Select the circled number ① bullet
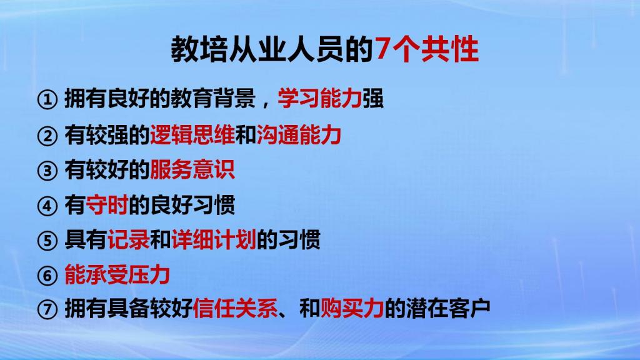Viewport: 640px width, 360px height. [47, 100]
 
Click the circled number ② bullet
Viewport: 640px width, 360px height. [47, 136]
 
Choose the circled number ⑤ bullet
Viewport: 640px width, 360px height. [47, 241]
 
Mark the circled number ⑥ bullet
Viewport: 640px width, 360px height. [47, 276]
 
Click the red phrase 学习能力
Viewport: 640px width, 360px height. [319, 98]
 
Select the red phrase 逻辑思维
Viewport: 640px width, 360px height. [192, 135]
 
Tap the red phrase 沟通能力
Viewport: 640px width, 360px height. [299, 135]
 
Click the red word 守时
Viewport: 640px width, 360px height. [107, 205]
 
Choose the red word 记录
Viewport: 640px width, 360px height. [129, 239]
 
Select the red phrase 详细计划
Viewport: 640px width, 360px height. [214, 239]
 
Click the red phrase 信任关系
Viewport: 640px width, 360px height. [235, 309]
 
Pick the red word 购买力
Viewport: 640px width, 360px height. [352, 309]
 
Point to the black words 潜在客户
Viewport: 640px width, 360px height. [448, 309]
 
